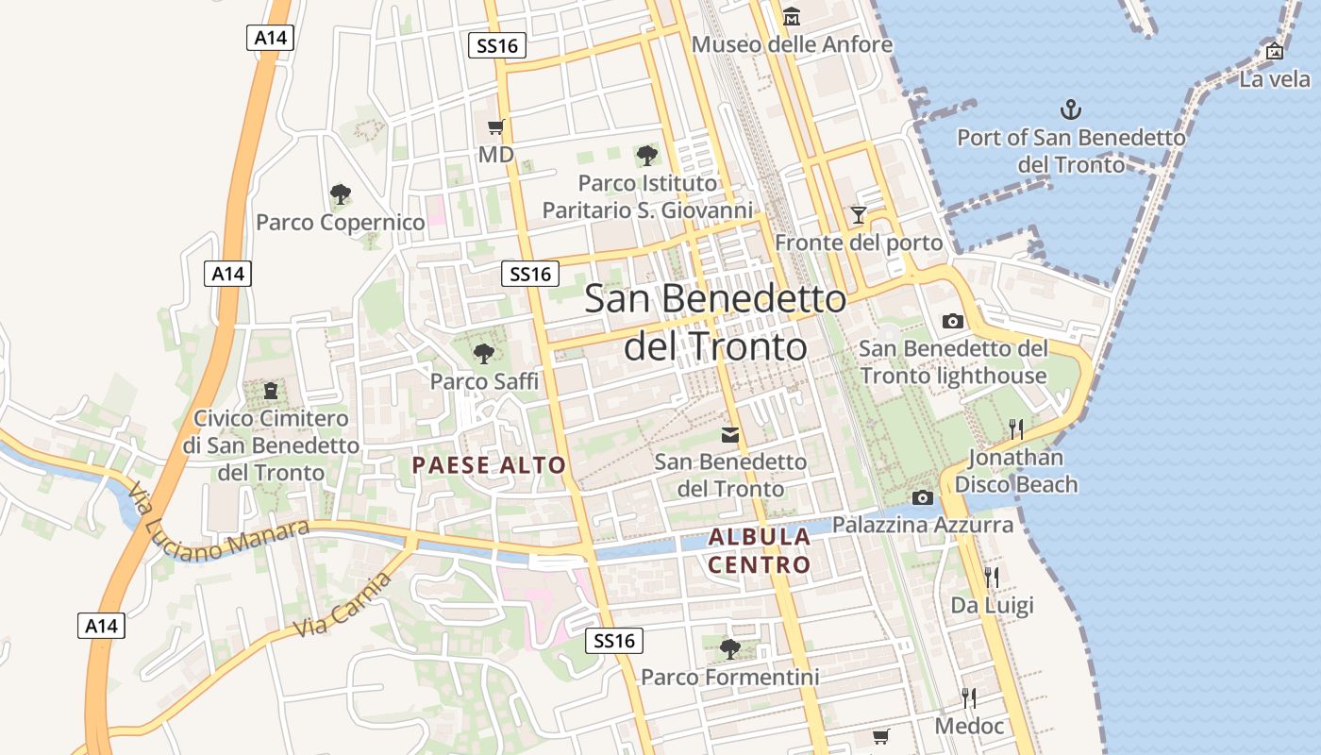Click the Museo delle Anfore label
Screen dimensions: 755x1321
pos(792,44)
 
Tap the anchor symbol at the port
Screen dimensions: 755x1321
pos(1071,109)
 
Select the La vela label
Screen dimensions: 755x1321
pos(1275,79)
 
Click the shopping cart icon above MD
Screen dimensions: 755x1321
pos(495,127)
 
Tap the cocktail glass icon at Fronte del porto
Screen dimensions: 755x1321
pos(858,215)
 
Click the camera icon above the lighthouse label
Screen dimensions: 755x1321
pos(953,321)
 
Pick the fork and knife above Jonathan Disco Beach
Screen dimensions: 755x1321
pos(1016,429)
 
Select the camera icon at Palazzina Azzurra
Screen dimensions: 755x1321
pos(922,497)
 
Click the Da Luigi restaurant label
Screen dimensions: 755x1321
pos(992,605)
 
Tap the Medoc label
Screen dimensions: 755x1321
pos(969,726)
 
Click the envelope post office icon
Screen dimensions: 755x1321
pos(730,434)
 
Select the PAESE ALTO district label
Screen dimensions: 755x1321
pos(489,464)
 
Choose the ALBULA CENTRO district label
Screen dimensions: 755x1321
pos(760,551)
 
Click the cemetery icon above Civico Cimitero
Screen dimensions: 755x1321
pos(271,390)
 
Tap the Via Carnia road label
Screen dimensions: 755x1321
pos(342,605)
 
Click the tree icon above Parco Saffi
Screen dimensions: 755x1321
pos(484,354)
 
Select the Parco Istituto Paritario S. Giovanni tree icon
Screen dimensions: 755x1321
pos(646,155)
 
